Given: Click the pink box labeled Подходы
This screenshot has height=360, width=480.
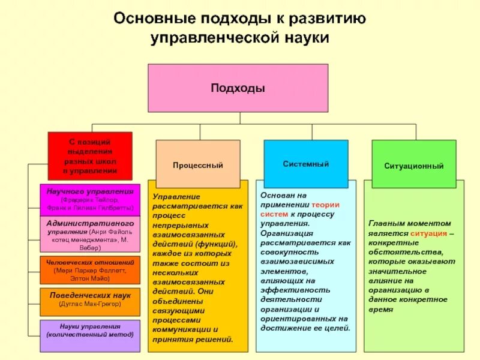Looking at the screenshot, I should point(238,88).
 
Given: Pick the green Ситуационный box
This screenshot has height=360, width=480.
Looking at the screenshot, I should point(414,165).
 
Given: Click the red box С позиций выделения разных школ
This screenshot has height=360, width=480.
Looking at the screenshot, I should point(90,155).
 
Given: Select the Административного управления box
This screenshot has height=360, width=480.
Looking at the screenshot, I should point(90,234).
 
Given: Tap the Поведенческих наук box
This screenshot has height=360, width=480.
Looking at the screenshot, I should point(90,301).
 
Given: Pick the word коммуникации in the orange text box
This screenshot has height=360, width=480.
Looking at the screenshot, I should point(181,329).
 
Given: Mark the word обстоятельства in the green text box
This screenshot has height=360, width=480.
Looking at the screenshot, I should point(402,252).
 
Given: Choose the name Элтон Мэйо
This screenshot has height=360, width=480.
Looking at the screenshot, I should point(90,278).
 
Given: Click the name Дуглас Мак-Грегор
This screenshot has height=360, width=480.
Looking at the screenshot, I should point(90,304).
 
